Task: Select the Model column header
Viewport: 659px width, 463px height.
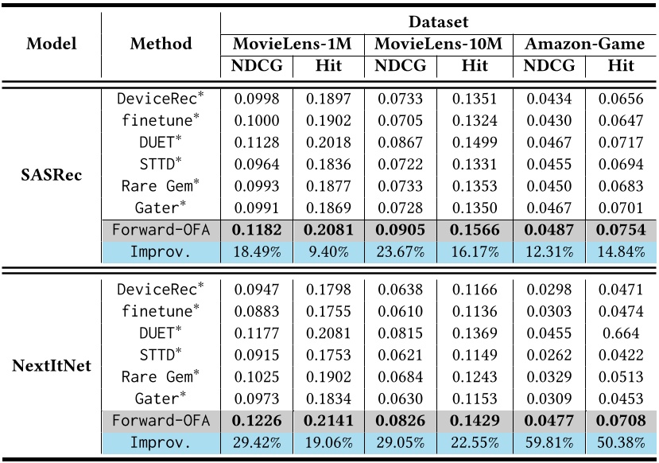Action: pos(51,44)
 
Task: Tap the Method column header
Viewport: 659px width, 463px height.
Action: pos(161,44)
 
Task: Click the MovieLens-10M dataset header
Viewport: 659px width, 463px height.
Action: pos(438,45)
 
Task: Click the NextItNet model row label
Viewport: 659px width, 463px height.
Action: pos(51,365)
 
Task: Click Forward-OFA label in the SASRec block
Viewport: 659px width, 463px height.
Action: pos(161,229)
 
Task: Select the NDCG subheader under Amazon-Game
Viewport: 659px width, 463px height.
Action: pos(549,66)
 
